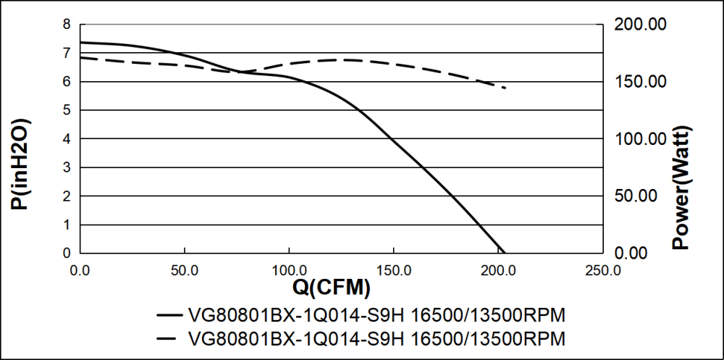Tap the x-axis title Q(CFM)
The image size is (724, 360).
(x=332, y=288)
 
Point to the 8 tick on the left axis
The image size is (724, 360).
(x=67, y=24)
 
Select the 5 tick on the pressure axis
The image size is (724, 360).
(x=67, y=110)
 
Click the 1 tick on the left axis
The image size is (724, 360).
(x=67, y=225)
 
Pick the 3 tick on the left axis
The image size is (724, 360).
(x=67, y=167)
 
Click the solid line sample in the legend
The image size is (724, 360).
(x=168, y=316)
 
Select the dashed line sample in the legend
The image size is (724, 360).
(x=168, y=338)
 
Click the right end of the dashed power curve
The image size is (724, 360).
(x=505, y=88)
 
